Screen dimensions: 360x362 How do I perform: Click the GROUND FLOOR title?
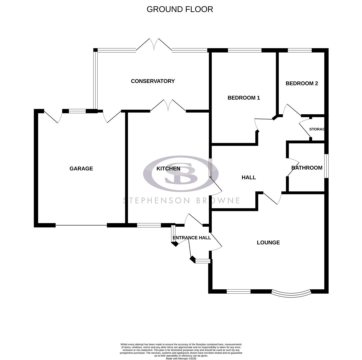click(180, 9)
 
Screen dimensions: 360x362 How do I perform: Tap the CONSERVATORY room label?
click(153, 81)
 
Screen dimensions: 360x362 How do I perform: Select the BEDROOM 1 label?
click(244, 98)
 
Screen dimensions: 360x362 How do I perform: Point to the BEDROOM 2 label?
click(302, 83)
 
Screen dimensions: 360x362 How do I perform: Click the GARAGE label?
click(81, 169)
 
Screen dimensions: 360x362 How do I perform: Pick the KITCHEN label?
click(168, 169)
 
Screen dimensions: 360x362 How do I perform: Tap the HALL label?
click(249, 177)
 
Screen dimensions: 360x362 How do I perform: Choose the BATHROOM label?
click(307, 168)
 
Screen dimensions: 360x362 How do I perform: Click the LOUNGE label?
click(268, 242)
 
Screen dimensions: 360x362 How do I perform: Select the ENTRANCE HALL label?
click(192, 238)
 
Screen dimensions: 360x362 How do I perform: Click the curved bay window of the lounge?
click(291, 294)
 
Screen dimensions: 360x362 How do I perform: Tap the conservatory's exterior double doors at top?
click(154, 45)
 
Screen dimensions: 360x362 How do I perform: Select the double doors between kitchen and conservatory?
click(168, 106)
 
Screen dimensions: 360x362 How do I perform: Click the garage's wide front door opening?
click(81, 225)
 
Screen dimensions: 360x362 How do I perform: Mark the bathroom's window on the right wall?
click(326, 166)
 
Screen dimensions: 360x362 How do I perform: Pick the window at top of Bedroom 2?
click(300, 50)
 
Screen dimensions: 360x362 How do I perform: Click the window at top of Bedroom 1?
click(245, 50)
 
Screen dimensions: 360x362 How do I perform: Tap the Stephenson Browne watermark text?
click(182, 200)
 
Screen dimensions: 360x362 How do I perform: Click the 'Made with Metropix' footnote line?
click(181, 359)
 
